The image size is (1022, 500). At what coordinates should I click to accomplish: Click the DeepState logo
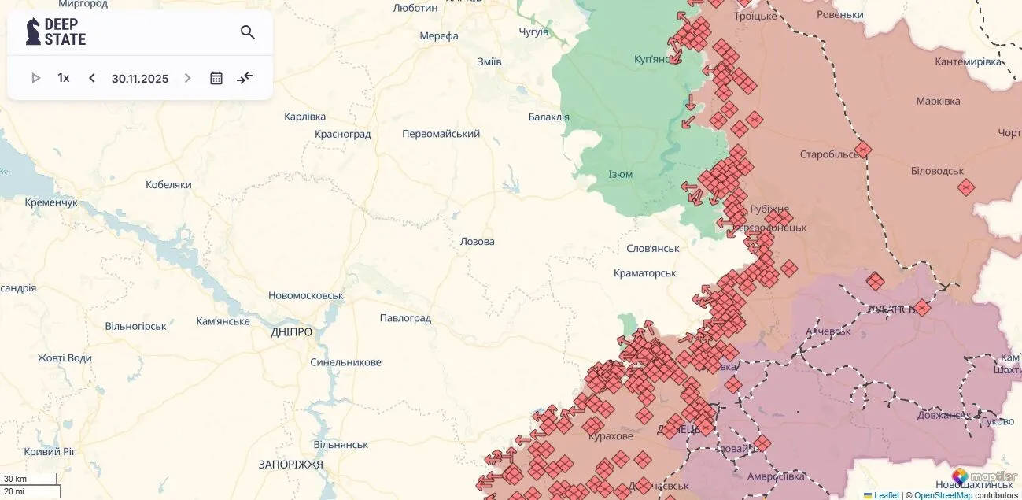[56, 32]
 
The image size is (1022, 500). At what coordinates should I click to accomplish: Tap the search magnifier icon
[248, 32]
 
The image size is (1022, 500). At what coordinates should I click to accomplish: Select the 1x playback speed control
[64, 78]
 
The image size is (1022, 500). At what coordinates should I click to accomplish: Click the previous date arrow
[92, 78]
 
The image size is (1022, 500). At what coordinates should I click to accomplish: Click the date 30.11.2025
[140, 79]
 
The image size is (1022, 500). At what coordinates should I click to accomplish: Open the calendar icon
[216, 78]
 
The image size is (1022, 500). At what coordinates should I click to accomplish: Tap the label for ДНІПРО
[291, 332]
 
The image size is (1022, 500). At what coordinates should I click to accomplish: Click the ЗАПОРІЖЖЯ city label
[290, 465]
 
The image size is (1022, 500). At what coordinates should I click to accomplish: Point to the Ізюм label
[620, 174]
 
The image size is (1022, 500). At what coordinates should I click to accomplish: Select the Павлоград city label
[405, 318]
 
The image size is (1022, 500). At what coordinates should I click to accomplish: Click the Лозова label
[477, 241]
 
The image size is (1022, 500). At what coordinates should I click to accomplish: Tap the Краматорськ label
[645, 272]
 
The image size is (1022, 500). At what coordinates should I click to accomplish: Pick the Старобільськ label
[830, 154]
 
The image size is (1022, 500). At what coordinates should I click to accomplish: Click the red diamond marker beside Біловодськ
[966, 187]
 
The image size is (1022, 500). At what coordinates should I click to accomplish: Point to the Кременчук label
[51, 202]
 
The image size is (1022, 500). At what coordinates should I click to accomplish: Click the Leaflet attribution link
[886, 495]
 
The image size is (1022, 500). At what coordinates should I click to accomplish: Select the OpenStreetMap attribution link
[943, 495]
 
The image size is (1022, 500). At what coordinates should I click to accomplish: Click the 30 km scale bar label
[15, 479]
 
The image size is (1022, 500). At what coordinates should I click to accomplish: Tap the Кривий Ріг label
[50, 451]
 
